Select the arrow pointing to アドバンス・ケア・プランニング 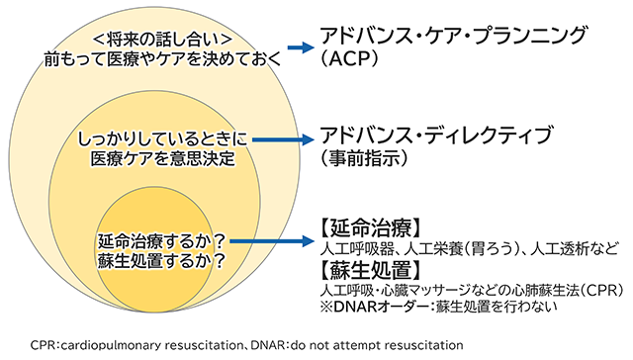tap(296, 46)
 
